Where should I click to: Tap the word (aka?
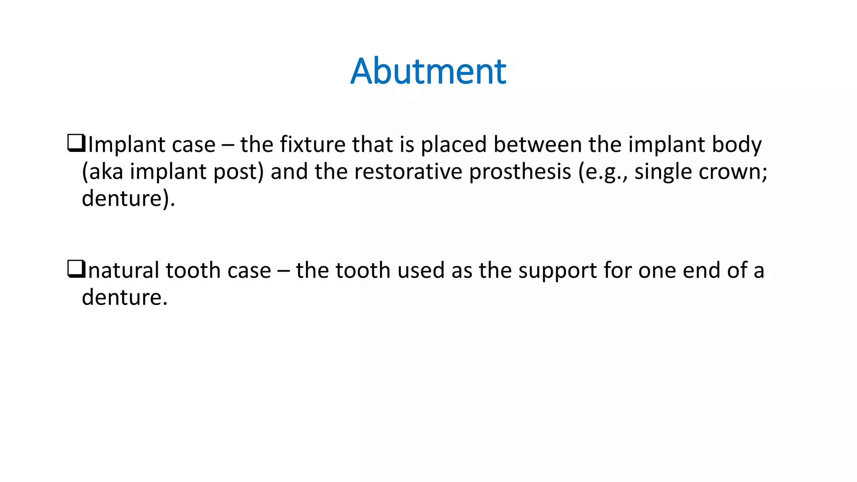click(x=103, y=172)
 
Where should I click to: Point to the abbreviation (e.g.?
click(x=603, y=172)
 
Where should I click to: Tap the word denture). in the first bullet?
click(x=128, y=199)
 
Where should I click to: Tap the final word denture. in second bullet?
click(x=124, y=297)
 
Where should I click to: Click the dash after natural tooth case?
click(x=283, y=271)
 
